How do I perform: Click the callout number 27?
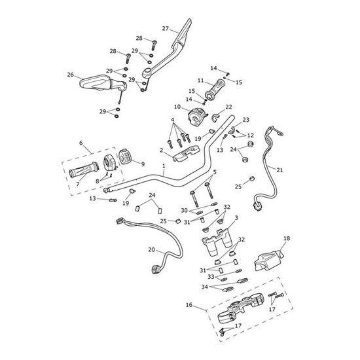click(166, 28)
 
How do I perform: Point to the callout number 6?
click(81, 143)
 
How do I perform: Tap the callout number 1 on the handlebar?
click(164, 168)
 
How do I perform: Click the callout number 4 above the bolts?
click(172, 120)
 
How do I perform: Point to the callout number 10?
click(177, 107)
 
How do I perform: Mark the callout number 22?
click(228, 107)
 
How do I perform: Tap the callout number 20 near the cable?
click(153, 249)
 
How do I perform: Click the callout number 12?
click(251, 135)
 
